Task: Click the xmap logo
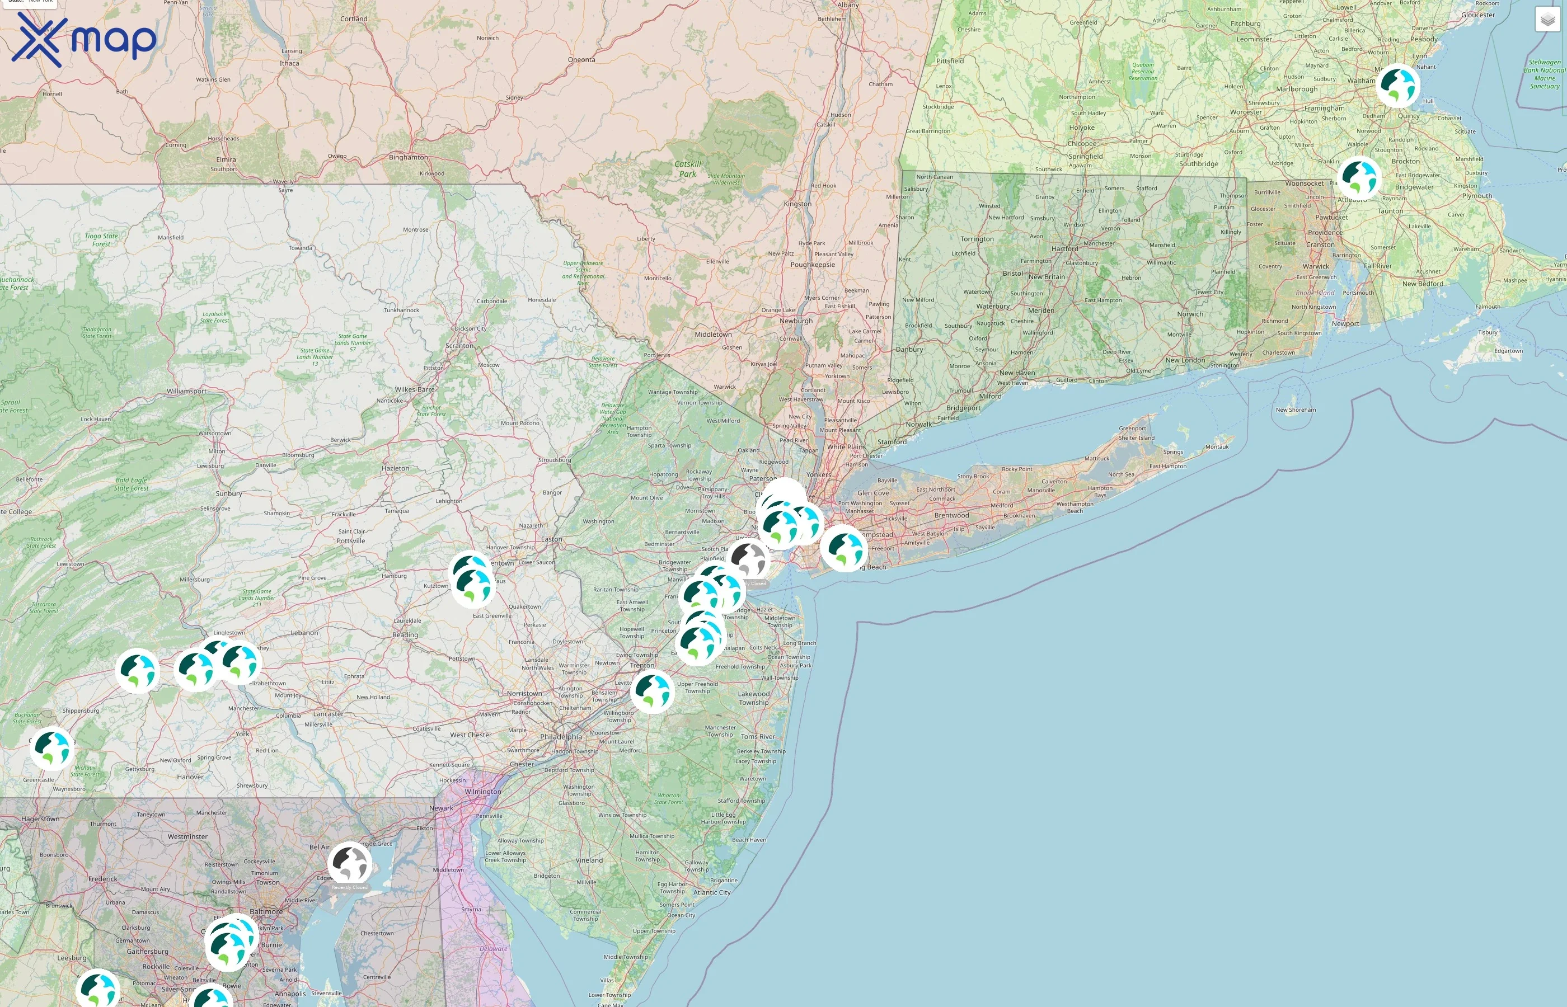[x=84, y=40]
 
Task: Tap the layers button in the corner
[x=1547, y=20]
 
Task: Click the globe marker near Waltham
[x=1397, y=86]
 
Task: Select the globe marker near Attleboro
[x=1359, y=178]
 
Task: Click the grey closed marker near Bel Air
[x=350, y=864]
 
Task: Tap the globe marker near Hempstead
[x=844, y=548]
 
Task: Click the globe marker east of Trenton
[x=652, y=690]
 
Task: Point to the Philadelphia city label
[x=561, y=737]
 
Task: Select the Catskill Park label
[x=687, y=170]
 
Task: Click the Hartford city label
[x=1065, y=249]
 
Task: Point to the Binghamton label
[x=408, y=158]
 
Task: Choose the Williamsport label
[x=186, y=392]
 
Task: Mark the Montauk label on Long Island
[x=1217, y=447]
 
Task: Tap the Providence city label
[x=1325, y=233]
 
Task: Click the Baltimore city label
[x=266, y=911]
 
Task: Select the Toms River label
[x=757, y=737]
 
